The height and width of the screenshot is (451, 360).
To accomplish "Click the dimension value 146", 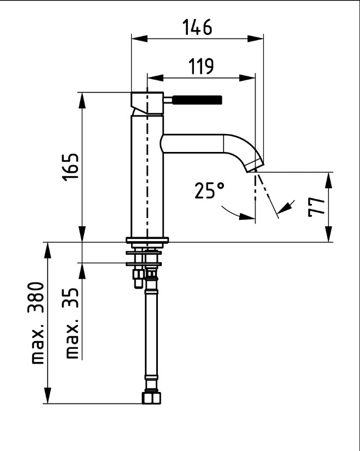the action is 197,27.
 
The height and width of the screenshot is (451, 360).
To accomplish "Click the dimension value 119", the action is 201,66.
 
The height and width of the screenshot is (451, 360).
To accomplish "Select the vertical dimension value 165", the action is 70,167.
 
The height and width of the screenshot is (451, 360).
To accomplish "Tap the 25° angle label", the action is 209,190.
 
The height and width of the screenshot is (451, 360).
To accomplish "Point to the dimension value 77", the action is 316,207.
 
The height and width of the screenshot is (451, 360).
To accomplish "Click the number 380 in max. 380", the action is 36,297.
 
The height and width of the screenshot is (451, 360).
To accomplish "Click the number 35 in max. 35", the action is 70,298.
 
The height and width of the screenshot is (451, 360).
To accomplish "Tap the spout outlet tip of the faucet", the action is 255,167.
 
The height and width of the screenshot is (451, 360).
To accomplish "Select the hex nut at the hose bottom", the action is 151,398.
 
